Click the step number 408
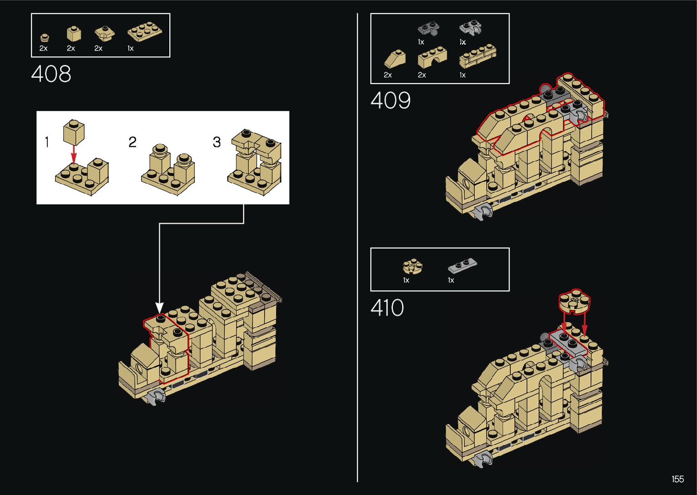pyautogui.click(x=51, y=74)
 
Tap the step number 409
pyautogui.click(x=390, y=100)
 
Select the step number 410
pyautogui.click(x=387, y=308)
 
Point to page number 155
pyautogui.click(x=677, y=479)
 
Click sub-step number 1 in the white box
pyautogui.click(x=46, y=142)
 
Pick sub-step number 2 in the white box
pyautogui.click(x=132, y=142)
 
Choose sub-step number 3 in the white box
pyautogui.click(x=217, y=142)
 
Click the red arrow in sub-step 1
pyautogui.click(x=74, y=155)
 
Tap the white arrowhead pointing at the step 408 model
pyautogui.click(x=159, y=307)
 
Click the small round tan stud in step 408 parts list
pyautogui.click(x=44, y=37)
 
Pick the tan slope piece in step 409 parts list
pyautogui.click(x=395, y=59)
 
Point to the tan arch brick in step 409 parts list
pyautogui.click(x=432, y=58)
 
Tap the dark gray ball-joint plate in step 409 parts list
pyautogui.click(x=428, y=29)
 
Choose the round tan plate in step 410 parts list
pyautogui.click(x=412, y=266)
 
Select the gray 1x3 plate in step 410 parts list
pyautogui.click(x=462, y=265)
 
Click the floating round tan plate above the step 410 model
pyautogui.click(x=575, y=300)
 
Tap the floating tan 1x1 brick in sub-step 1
pyautogui.click(x=74, y=132)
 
